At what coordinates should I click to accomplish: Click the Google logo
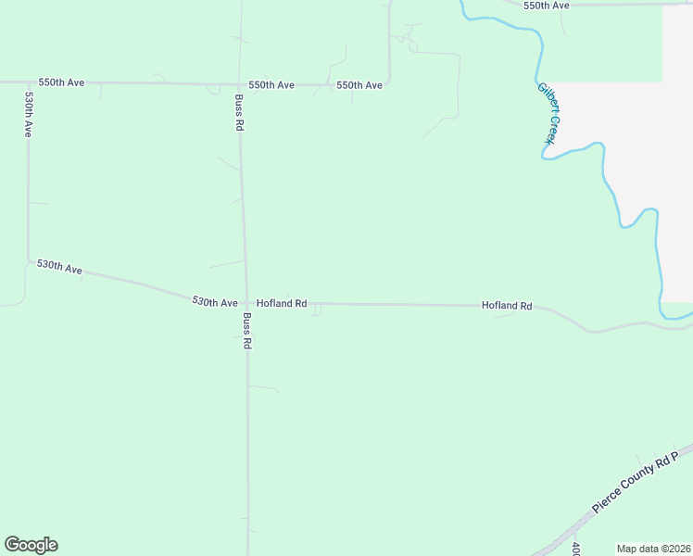31,545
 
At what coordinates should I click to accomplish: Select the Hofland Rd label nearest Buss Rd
282,303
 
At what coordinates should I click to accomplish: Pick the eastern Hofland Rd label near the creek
507,305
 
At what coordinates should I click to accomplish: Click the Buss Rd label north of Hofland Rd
239,112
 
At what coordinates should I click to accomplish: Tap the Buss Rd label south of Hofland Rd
247,329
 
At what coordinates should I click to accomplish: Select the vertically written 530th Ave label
29,115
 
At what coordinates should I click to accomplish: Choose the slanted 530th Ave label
60,267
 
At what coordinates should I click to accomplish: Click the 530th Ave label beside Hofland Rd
215,302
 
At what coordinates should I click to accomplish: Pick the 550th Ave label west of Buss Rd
61,82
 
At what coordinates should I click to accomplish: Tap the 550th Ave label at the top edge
546,6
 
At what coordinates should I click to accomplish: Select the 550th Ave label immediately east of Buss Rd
271,85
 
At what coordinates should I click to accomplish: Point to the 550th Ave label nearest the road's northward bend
359,85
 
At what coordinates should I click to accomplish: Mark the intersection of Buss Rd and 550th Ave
240,84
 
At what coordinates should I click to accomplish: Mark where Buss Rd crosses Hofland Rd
246,303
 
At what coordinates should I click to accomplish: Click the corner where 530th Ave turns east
28,259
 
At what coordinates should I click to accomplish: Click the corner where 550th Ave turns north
389,82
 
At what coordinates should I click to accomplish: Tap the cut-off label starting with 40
575,549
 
